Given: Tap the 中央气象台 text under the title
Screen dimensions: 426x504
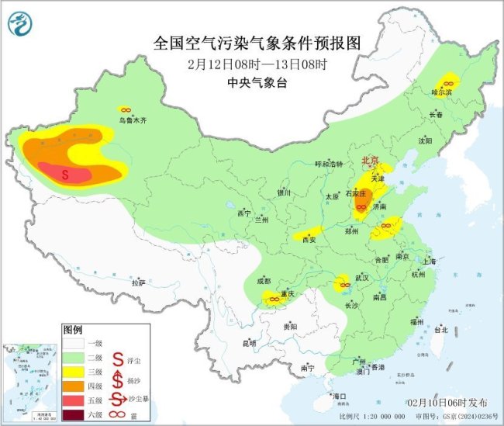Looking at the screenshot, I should pos(251,80).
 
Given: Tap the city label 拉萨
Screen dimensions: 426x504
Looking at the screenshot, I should pos(138,283).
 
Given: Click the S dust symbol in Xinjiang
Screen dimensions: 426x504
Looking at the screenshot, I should pos(65,175).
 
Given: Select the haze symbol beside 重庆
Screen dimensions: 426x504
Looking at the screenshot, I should pos(273,298).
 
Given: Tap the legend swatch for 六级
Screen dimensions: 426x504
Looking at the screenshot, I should pos(74,414).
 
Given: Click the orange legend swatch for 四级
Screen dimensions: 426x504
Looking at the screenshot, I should pos(74,386).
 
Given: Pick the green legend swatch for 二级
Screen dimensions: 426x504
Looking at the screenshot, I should pos(74,357).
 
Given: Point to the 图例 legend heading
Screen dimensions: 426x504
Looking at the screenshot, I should pos(72,329).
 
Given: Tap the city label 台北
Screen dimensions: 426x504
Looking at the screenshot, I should pos(440,330).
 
